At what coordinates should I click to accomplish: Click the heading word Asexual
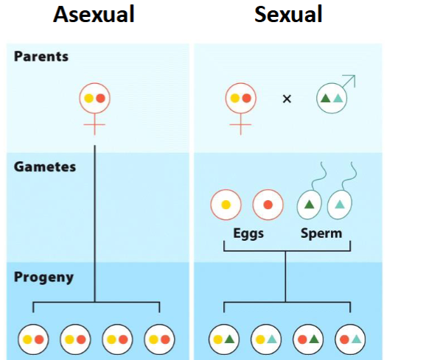[x=94, y=15]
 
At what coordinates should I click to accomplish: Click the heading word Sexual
[x=288, y=15]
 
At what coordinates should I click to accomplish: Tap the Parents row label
[x=41, y=57]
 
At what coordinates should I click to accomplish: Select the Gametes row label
[x=45, y=167]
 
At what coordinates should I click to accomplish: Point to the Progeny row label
[x=44, y=278]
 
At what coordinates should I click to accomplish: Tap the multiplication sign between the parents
[x=287, y=98]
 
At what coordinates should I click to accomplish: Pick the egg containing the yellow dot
[x=226, y=205]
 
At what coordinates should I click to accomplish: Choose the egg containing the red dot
[x=268, y=205]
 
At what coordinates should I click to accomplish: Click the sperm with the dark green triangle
[x=310, y=205]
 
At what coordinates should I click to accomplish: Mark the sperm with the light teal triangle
[x=340, y=205]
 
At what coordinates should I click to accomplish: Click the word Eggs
[x=246, y=233]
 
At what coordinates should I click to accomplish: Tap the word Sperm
[x=321, y=233]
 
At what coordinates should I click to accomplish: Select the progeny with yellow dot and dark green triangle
[x=223, y=339]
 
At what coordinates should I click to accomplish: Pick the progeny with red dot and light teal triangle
[x=350, y=339]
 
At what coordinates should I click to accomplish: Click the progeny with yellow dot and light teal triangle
[x=265, y=339]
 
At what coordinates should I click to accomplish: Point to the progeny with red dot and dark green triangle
[x=307, y=339]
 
